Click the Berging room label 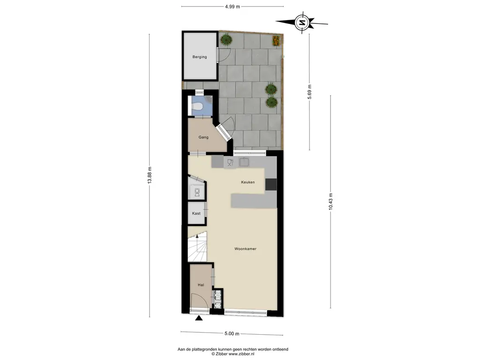(200, 57)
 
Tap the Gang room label (203, 137)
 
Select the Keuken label (247, 182)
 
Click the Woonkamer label (245, 249)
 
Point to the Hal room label (201, 285)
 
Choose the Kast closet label (196, 213)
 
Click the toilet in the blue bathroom (197, 106)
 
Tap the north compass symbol (302, 22)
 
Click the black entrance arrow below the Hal (199, 318)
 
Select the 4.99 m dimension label (232, 7)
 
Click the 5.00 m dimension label (232, 334)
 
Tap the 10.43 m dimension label (330, 202)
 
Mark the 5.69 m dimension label (309, 91)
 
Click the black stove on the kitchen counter (271, 184)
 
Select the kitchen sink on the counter (244, 162)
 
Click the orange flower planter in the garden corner (276, 40)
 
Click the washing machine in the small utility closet (197, 192)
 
